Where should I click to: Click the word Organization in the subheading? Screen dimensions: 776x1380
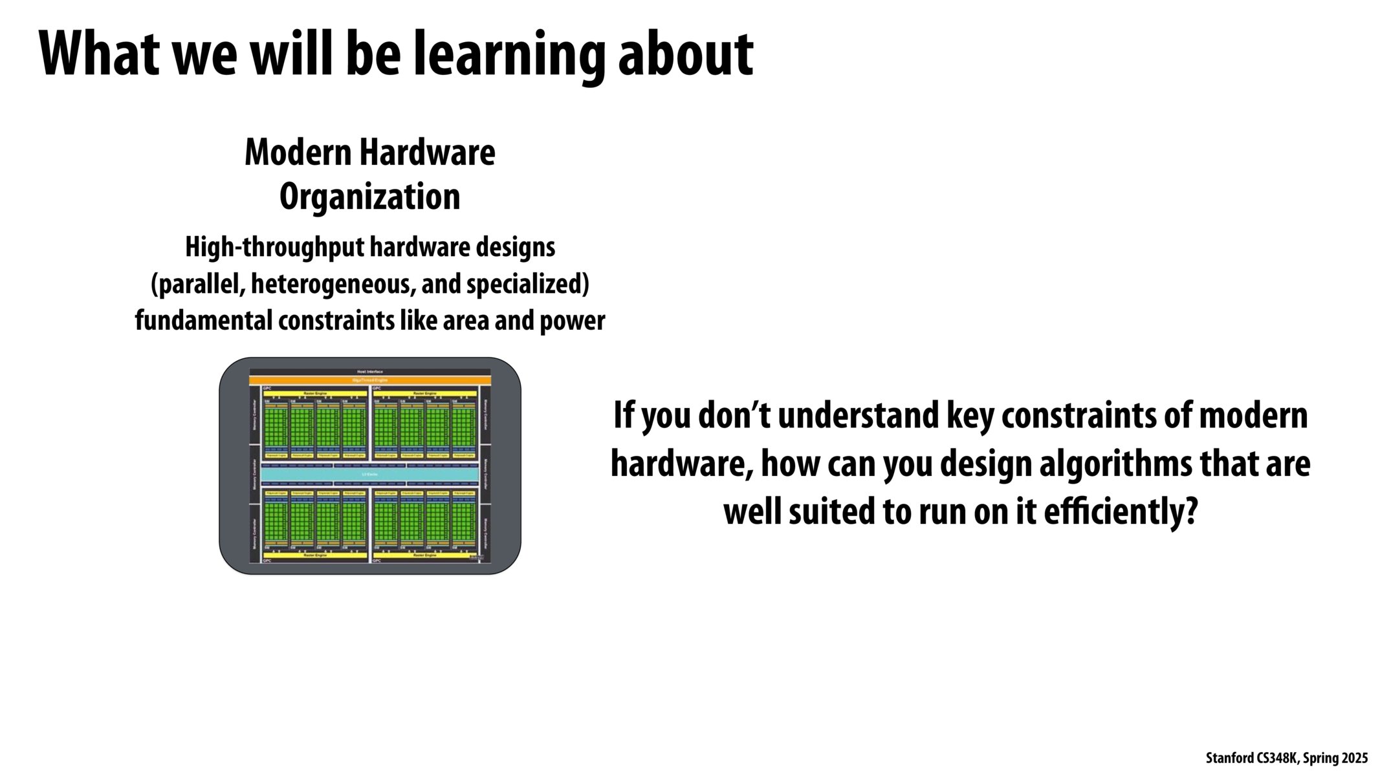tap(369, 197)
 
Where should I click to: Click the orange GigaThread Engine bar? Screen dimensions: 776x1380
tap(369, 380)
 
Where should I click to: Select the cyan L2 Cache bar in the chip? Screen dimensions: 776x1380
tap(369, 475)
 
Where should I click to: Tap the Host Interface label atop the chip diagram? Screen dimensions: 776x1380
tap(369, 372)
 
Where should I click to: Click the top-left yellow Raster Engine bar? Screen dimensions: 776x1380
tap(315, 393)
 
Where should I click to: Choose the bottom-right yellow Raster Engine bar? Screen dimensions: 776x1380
tap(424, 555)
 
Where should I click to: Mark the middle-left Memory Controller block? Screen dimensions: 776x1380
tap(254, 475)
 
